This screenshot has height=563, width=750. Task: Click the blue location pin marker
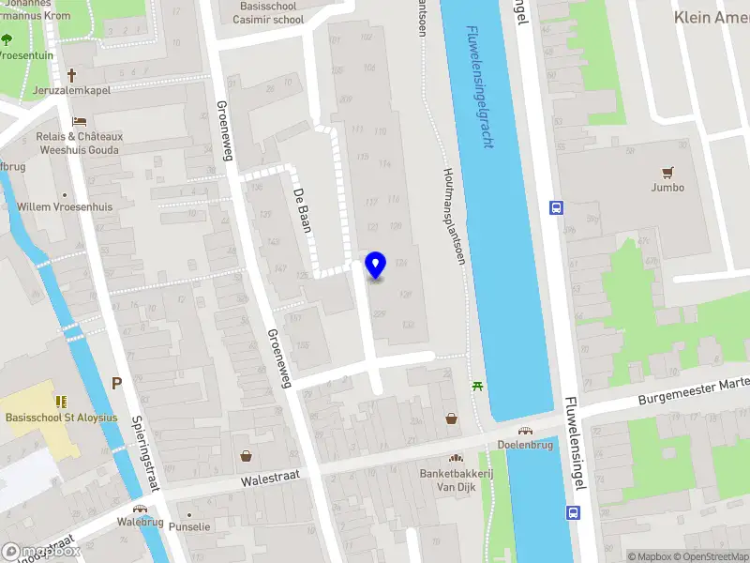coord(376,266)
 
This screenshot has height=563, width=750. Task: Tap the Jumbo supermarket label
coord(667,187)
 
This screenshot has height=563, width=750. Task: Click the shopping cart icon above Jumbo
coord(667,172)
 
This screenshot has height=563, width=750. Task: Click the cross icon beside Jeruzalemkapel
coord(71,75)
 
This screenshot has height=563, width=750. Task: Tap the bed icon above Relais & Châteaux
coord(80,121)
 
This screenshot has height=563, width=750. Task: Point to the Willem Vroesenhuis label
coord(65,206)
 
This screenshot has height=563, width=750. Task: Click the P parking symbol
coord(117,383)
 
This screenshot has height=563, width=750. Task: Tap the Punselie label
coord(189,527)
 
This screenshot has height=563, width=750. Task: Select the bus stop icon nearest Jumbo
coord(556,208)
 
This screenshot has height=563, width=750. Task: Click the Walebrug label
coord(141,521)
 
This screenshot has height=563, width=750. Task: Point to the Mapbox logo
coord(39,552)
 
